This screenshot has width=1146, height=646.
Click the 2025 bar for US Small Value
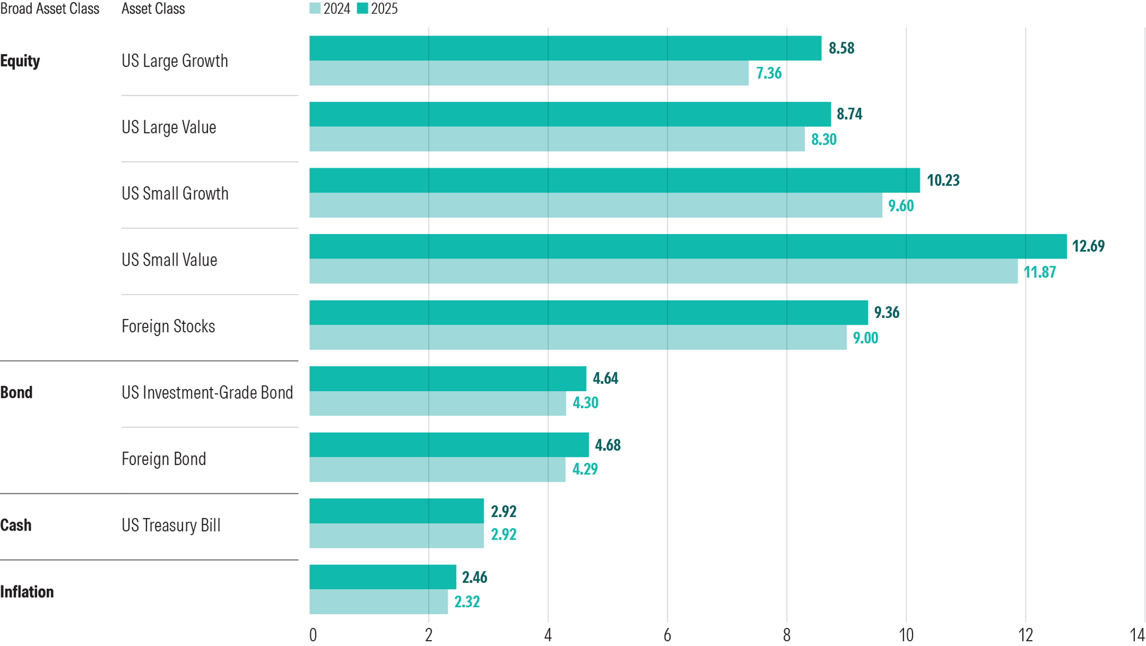(687, 246)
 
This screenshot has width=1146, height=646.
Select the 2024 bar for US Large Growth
(528, 73)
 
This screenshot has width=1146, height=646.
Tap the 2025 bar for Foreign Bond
(449, 444)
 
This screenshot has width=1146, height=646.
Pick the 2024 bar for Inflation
(378, 602)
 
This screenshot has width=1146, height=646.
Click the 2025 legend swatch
(363, 9)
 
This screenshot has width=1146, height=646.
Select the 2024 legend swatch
(315, 9)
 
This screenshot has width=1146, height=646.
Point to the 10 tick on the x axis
(906, 635)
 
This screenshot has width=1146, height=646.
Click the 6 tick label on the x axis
(667, 635)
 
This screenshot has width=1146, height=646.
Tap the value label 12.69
(1088, 246)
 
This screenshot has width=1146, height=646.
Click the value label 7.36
(769, 73)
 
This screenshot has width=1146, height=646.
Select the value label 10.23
(943, 180)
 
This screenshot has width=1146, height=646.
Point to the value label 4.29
(585, 469)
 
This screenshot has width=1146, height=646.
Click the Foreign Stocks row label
(168, 326)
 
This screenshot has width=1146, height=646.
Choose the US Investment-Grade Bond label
(207, 392)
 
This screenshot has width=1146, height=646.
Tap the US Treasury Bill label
(171, 525)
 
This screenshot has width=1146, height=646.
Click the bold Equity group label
(20, 61)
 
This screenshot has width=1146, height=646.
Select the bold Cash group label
(16, 525)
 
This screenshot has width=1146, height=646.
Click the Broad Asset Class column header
(49, 9)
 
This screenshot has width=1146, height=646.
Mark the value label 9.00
(865, 338)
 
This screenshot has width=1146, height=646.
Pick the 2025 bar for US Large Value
(570, 114)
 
